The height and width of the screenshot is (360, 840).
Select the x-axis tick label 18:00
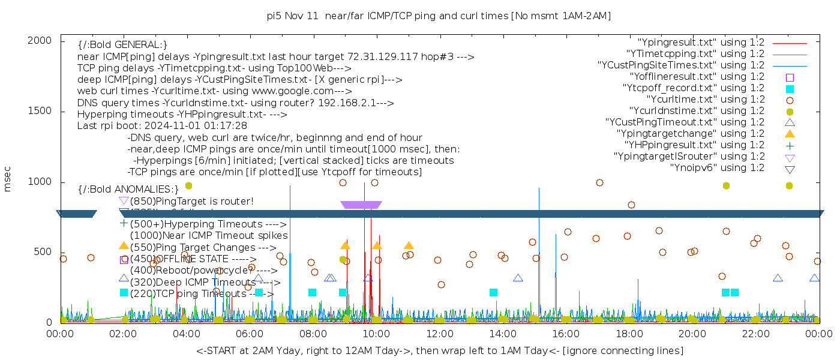point(628,334)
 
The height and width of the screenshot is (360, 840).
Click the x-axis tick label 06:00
point(250,334)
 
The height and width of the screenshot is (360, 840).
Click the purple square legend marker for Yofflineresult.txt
point(790,77)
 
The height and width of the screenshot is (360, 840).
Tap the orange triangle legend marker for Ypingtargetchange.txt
point(790,134)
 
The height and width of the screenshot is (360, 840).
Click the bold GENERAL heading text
point(122,45)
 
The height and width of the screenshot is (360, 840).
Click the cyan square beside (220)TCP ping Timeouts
point(124,293)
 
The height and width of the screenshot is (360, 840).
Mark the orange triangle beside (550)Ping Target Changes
point(124,245)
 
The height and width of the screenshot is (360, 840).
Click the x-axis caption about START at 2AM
point(439,350)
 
